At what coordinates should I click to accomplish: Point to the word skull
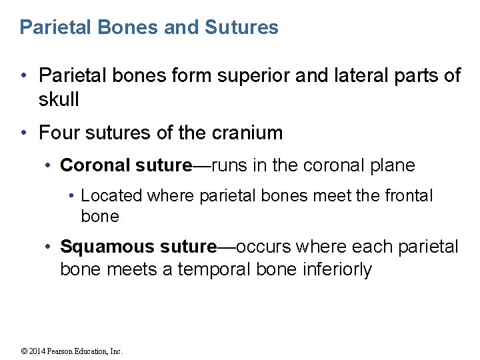[59, 99]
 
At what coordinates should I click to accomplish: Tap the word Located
[111, 196]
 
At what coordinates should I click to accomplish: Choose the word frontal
[406, 196]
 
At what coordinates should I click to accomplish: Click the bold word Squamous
[107, 247]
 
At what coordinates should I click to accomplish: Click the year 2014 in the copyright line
[39, 351]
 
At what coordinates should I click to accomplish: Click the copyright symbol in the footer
[24, 351]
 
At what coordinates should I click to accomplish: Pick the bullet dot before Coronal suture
[48, 165]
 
